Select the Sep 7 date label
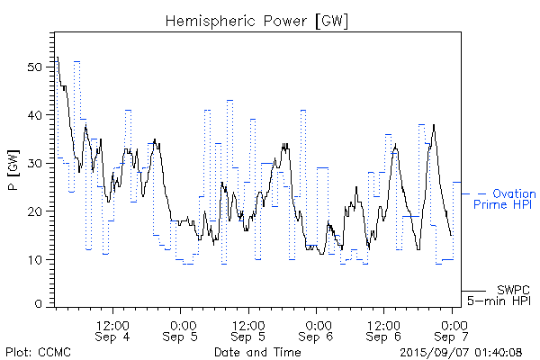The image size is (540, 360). [454, 337]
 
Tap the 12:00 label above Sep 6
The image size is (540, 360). [384, 324]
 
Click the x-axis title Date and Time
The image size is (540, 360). [256, 352]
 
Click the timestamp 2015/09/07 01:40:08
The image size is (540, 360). [459, 352]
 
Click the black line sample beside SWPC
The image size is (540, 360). [473, 291]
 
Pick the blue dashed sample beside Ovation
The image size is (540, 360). [474, 193]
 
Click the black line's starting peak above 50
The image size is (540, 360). [58, 58]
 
